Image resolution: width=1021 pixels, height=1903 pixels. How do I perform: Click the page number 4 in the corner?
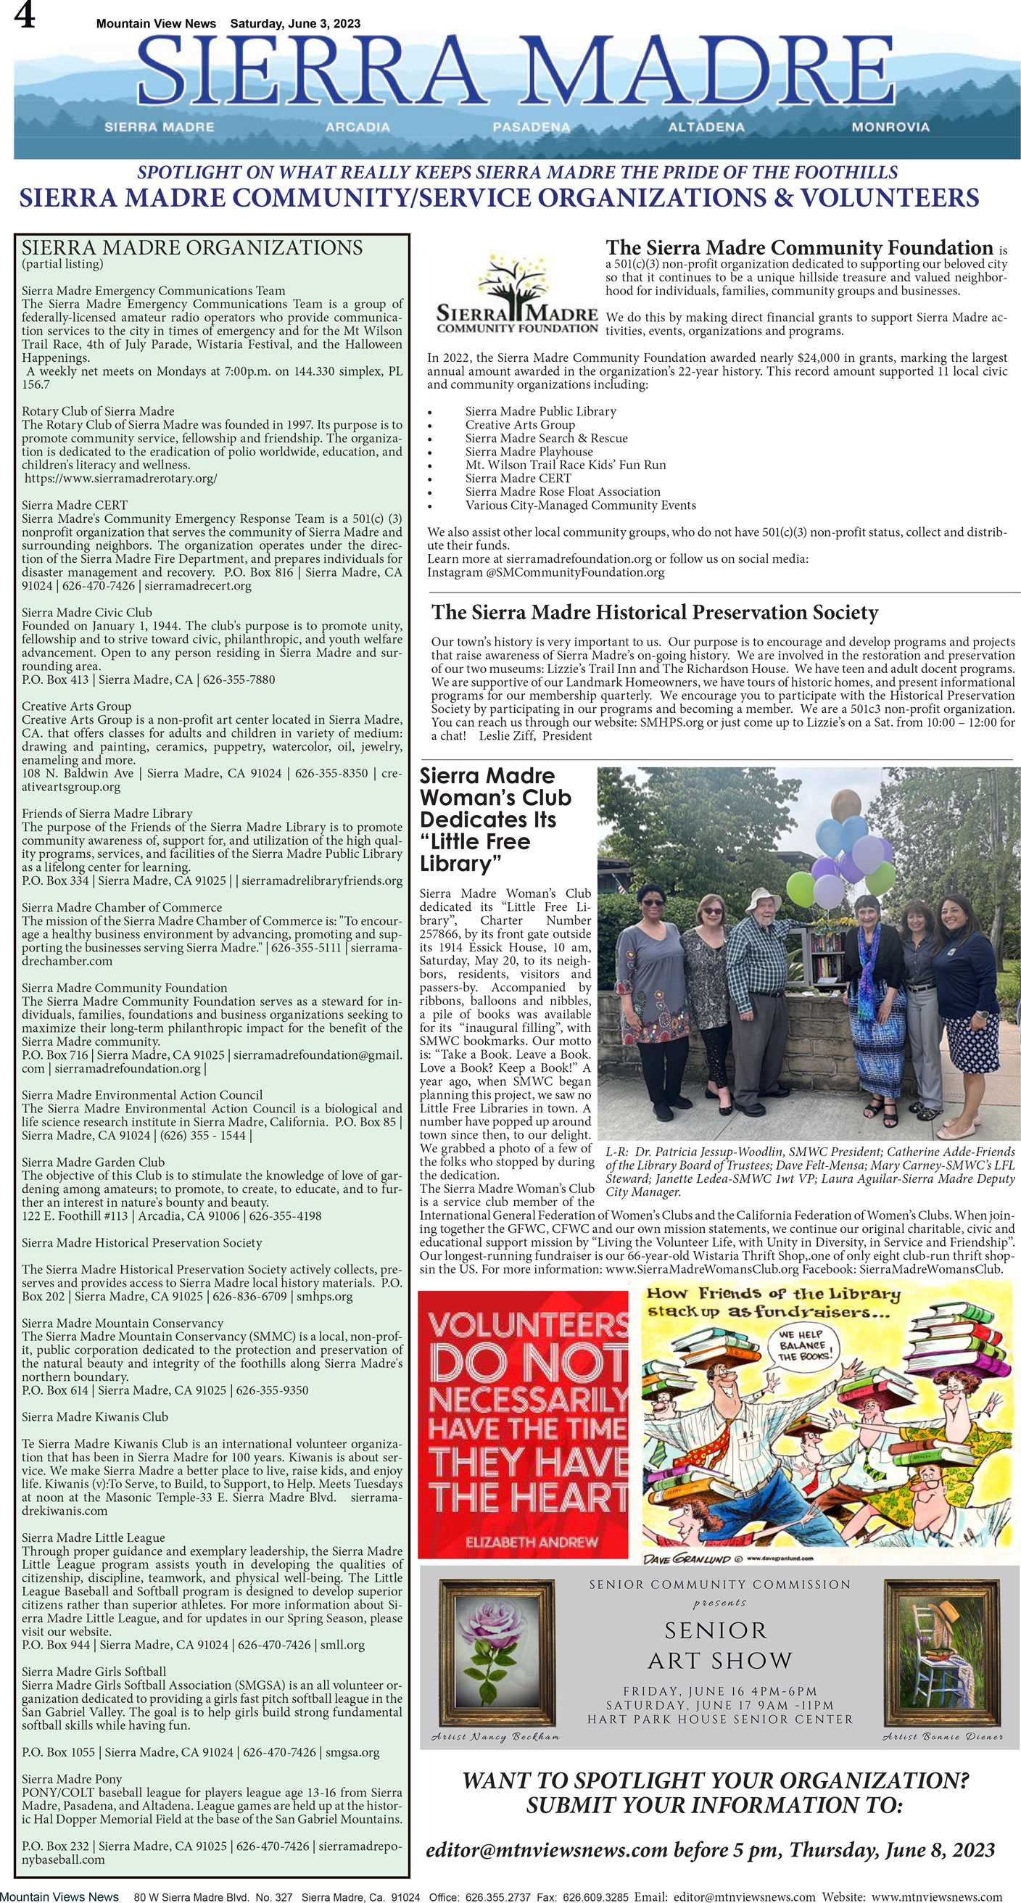[25, 17]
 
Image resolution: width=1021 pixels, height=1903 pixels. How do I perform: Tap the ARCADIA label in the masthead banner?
[357, 127]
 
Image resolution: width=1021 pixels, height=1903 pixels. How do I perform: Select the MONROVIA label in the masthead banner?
[890, 127]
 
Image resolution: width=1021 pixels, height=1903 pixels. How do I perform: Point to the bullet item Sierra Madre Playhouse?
[528, 451]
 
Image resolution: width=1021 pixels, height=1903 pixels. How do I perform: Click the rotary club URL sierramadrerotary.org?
[121, 478]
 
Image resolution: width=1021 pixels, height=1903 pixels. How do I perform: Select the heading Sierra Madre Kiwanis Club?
[94, 1417]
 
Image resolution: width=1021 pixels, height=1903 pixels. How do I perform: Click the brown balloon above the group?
[846, 804]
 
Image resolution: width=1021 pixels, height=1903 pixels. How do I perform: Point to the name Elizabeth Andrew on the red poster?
[532, 1542]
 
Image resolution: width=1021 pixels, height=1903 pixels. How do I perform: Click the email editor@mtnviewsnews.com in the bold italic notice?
[547, 1850]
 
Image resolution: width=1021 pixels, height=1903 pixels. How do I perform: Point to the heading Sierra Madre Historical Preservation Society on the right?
[655, 612]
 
